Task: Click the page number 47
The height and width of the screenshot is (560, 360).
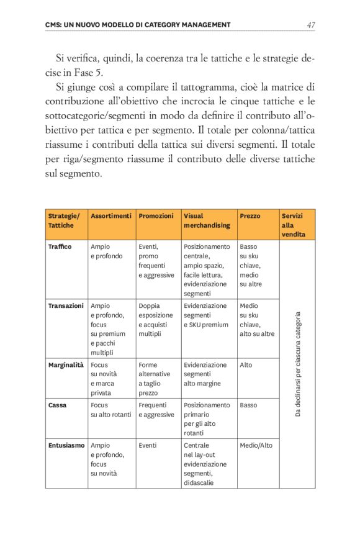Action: click(x=310, y=25)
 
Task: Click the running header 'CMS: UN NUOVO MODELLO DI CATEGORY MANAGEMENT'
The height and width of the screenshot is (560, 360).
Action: click(x=138, y=25)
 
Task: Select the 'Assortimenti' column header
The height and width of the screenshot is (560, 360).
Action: click(x=111, y=216)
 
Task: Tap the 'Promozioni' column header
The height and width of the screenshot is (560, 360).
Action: click(x=156, y=216)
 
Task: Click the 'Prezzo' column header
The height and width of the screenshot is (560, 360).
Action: click(x=250, y=216)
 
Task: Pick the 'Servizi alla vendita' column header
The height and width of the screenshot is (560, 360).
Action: click(x=292, y=225)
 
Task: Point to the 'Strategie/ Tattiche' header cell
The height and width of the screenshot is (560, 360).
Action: click(x=64, y=220)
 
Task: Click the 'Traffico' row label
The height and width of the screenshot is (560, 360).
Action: click(x=60, y=246)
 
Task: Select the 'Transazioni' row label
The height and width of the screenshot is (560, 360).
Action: click(x=66, y=305)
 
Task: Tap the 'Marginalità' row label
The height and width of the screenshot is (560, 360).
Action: click(x=66, y=364)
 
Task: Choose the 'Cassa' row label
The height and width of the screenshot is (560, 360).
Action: click(x=58, y=405)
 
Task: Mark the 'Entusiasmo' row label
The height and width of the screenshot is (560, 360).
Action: click(x=66, y=445)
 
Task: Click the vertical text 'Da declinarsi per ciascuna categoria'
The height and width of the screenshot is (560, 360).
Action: click(x=298, y=363)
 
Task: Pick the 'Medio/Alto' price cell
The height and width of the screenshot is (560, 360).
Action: click(x=256, y=445)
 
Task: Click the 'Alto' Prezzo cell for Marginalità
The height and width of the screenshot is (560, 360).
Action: click(x=246, y=364)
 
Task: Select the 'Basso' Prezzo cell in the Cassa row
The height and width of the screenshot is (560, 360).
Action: click(x=248, y=405)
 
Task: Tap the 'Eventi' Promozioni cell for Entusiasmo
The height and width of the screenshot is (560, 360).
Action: click(x=148, y=445)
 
